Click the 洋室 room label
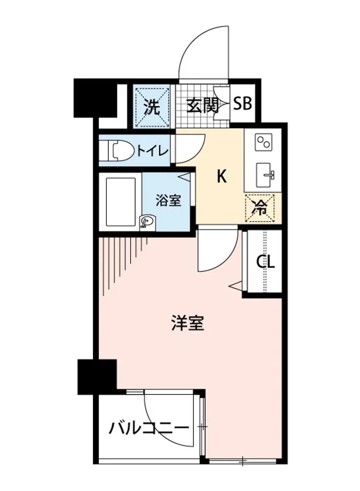[187, 324]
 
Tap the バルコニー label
[149, 428]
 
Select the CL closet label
[265, 261]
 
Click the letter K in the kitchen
[221, 176]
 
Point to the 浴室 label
[168, 200]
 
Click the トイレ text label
[152, 151]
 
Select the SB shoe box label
[243, 104]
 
